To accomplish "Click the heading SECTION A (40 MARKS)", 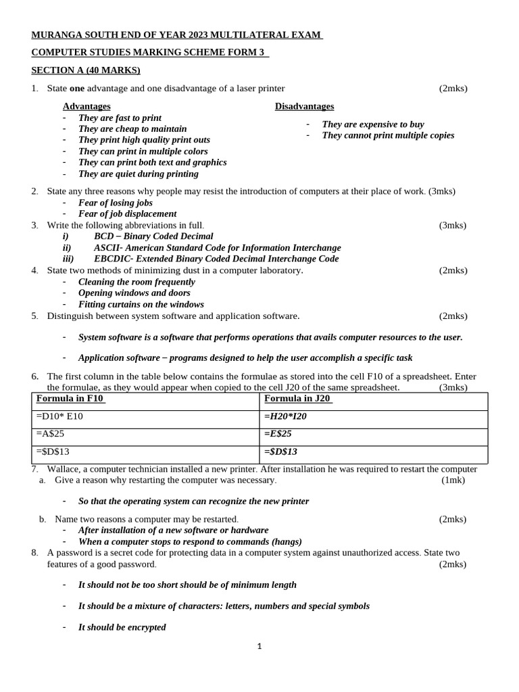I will pos(86,70).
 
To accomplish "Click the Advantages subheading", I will pos(86,106).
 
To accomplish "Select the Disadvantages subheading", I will pos(304,106).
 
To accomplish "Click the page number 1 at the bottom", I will pos(259,646).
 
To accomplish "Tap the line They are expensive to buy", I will pos(373,124).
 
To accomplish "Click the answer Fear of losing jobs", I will pos(116,203).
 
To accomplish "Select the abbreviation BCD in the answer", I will pos(104,237).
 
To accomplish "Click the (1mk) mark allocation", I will pos(453,480).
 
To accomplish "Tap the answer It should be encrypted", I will pos(122,627).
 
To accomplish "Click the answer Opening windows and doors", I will pos(134,293).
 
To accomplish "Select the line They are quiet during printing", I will pos(139,174).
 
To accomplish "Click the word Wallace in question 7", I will pos(65,469).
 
